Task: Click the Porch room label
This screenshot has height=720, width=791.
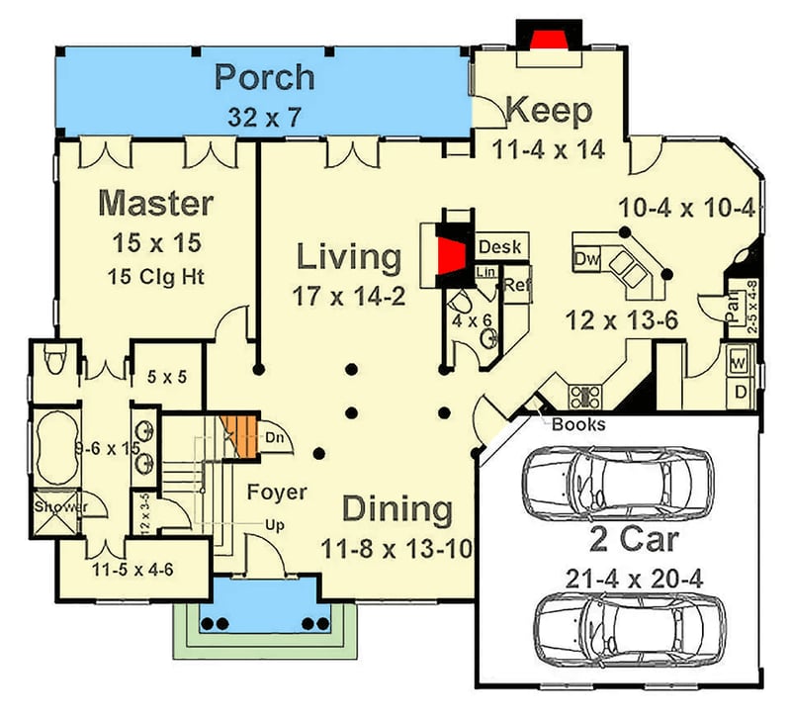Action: click(265, 77)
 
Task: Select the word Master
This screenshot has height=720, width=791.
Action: click(156, 204)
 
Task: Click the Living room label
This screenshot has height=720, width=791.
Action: click(350, 258)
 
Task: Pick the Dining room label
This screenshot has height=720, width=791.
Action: click(397, 510)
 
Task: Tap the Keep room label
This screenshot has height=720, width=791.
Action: click(549, 111)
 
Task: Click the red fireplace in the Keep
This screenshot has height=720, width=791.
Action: click(548, 38)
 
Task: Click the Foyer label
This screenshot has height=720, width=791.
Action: click(276, 492)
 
